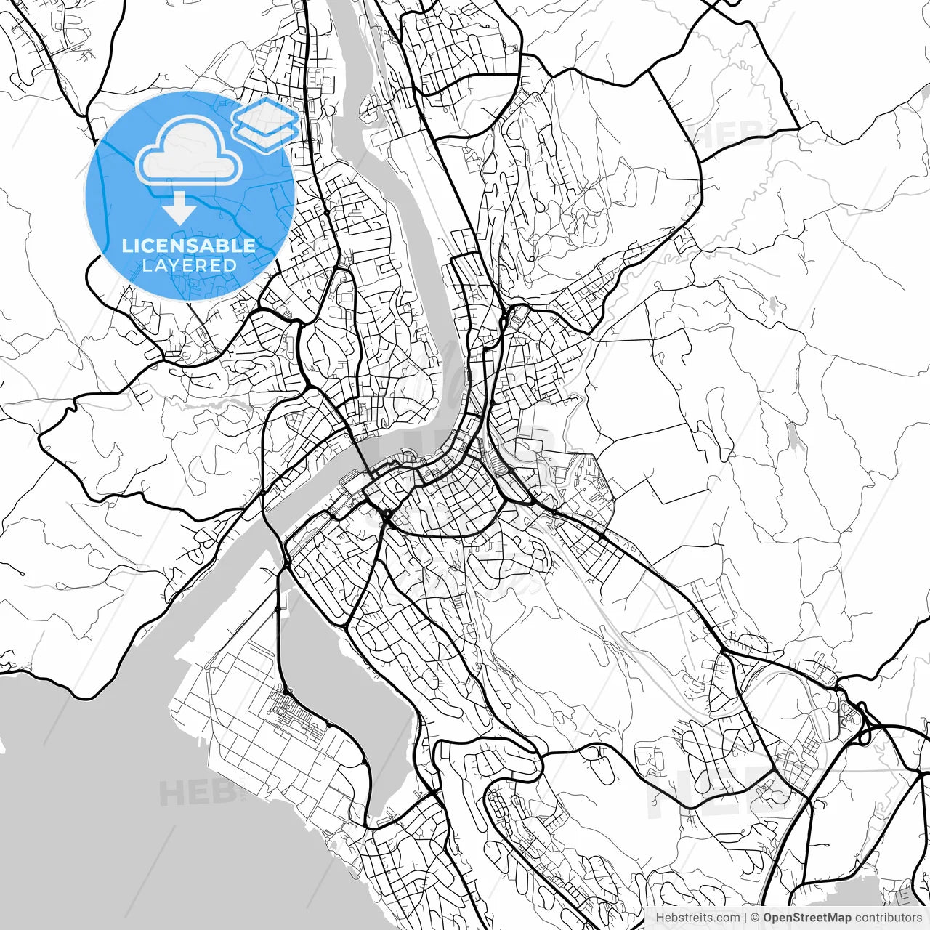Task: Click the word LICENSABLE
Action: (x=189, y=246)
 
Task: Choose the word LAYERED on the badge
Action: (x=189, y=266)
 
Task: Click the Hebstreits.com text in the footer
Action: (x=697, y=918)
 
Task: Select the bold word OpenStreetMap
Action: (x=806, y=918)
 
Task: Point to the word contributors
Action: (x=887, y=918)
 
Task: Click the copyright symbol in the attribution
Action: (x=755, y=918)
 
